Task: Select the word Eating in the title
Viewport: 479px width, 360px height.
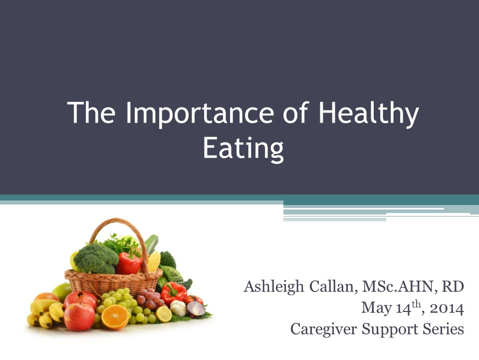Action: (243, 147)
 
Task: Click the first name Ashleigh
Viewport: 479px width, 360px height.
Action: (273, 287)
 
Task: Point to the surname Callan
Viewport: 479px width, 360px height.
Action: (332, 287)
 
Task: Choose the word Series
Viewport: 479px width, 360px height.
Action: (443, 329)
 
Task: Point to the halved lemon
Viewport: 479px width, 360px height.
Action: (164, 313)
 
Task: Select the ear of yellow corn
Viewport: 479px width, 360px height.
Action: (153, 261)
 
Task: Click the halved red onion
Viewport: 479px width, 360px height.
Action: (196, 308)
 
